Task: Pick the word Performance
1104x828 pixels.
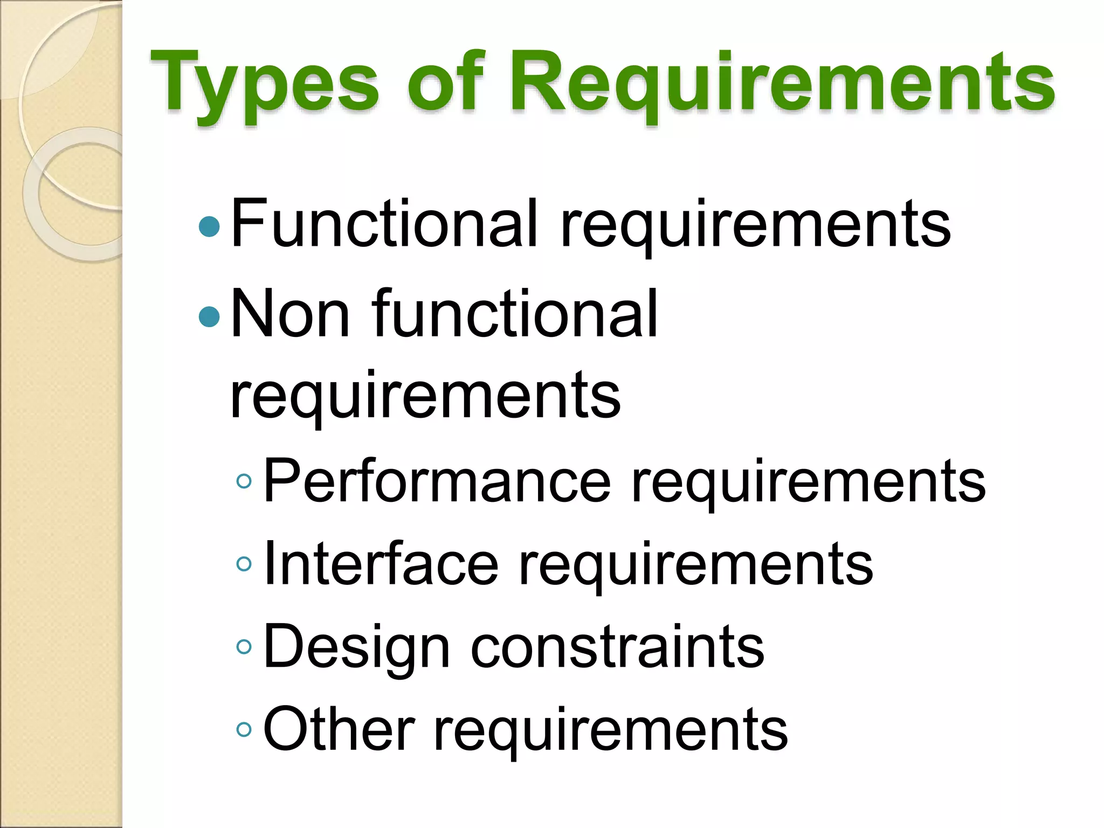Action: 437,480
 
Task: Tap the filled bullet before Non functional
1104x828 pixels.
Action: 209,317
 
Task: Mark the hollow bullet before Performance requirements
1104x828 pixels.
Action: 244,481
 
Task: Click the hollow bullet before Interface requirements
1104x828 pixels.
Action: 244,564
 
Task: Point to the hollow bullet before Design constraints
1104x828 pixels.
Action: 244,647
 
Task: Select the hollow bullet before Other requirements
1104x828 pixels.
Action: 244,730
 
